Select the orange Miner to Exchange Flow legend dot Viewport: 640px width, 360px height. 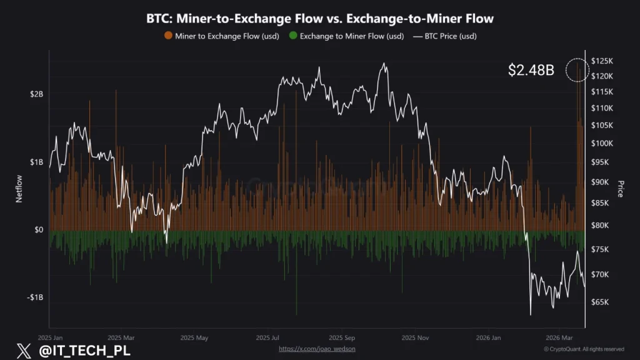[x=168, y=36]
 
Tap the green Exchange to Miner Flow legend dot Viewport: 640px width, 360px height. [x=292, y=36]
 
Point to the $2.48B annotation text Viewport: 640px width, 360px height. [x=531, y=70]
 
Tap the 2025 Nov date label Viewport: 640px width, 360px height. [x=414, y=337]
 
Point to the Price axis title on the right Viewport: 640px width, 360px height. [x=621, y=189]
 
